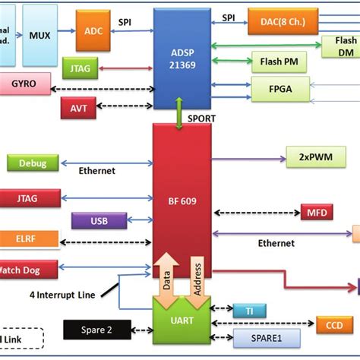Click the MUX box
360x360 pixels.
point(39,35)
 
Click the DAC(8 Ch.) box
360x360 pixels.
point(279,24)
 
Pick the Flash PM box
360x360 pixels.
point(279,61)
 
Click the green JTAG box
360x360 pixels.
point(80,68)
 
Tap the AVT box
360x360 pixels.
point(78,108)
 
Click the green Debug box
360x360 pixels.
point(31,163)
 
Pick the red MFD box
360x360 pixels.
point(315,212)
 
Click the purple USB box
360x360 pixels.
point(99,221)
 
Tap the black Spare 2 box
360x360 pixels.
point(97,330)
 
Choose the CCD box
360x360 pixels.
point(334,325)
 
